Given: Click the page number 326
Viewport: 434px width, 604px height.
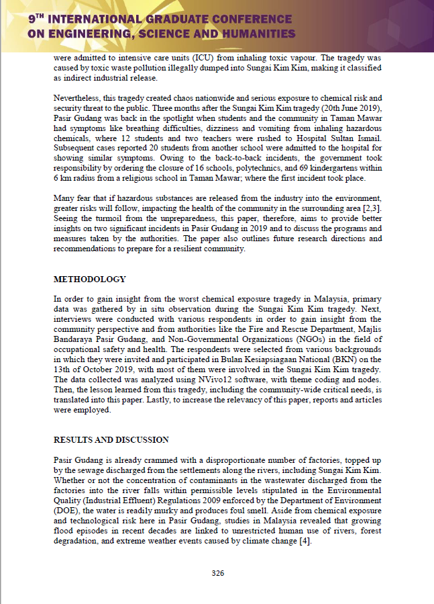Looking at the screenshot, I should (x=217, y=573).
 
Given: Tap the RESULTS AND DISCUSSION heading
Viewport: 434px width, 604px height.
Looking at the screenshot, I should (x=111, y=441).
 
